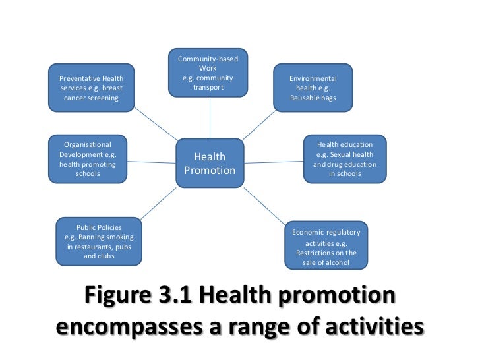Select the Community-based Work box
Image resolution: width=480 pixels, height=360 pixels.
click(210, 73)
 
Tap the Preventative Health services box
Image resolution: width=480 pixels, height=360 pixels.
click(92, 88)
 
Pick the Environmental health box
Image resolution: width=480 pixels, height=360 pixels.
click(313, 88)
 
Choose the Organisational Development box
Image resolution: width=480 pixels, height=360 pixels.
click(88, 159)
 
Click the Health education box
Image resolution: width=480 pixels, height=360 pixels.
click(345, 159)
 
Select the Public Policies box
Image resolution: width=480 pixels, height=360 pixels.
click(99, 241)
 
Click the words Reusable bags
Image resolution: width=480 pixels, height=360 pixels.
click(313, 98)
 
